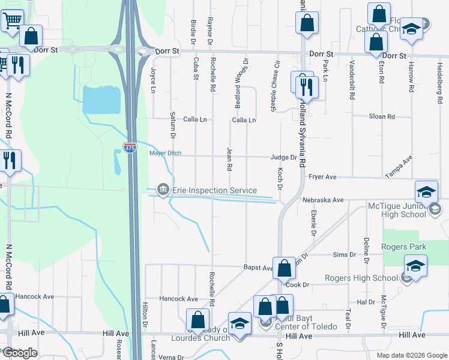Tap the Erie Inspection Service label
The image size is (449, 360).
215,190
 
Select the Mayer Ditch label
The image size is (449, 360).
165,153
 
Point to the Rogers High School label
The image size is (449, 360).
361,278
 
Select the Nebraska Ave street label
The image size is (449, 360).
322,200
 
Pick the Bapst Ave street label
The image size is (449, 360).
258,268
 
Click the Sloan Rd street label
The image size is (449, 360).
382,116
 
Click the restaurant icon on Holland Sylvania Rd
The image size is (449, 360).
307,87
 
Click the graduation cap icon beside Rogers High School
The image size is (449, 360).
415,266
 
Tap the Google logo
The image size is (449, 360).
20,353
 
